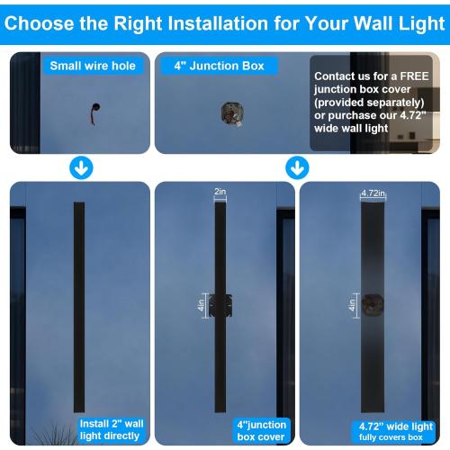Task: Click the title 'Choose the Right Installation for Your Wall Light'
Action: tap(225, 22)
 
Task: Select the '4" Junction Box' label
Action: tap(220, 66)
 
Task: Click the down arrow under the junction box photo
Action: tap(297, 167)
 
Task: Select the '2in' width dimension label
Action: tap(220, 191)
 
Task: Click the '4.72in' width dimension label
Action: tap(373, 192)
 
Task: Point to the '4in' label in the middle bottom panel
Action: tap(202, 306)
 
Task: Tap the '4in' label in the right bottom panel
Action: tap(352, 306)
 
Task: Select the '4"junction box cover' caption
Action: tap(261, 429)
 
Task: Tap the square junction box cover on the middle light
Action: tap(220, 305)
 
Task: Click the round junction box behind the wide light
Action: tap(372, 305)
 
